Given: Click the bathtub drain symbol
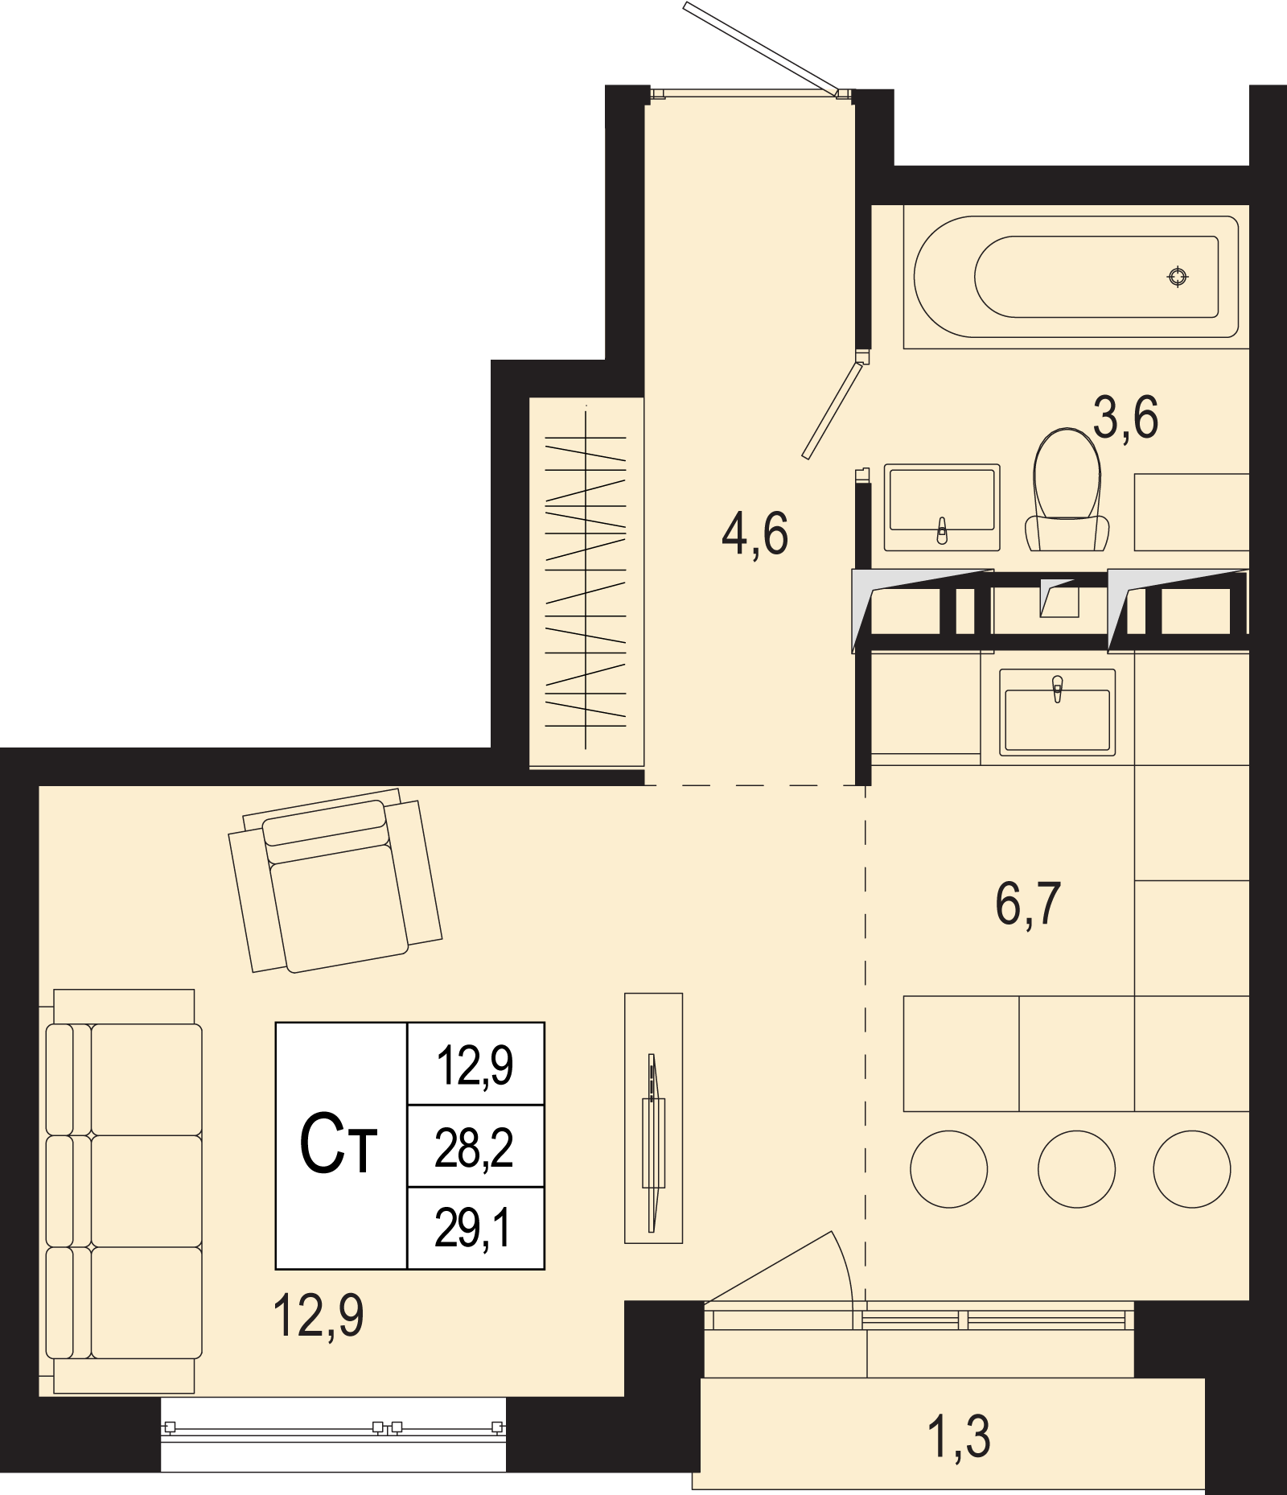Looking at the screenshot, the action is click(x=1178, y=277).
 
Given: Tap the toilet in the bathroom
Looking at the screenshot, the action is click(x=1067, y=490).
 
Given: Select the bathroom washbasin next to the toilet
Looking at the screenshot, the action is click(x=942, y=508).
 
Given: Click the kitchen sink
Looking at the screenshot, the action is click(x=1058, y=712).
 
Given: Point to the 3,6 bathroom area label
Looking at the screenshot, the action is click(x=1126, y=418).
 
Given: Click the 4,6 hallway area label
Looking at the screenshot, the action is click(x=755, y=533).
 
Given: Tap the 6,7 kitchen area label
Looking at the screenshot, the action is click(x=1029, y=904).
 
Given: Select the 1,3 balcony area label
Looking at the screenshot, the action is click(x=960, y=1437).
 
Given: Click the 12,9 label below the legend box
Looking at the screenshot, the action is click(x=319, y=1316).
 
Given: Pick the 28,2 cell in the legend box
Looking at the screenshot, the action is click(x=475, y=1147).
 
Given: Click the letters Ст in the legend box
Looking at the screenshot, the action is click(x=339, y=1145).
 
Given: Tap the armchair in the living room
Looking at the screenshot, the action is click(x=335, y=880).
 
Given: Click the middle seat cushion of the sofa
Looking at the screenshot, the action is click(x=146, y=1191).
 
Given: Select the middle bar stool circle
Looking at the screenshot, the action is click(x=1076, y=1169).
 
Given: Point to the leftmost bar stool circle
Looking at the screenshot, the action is click(x=949, y=1169).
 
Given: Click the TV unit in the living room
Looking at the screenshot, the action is click(x=654, y=1118).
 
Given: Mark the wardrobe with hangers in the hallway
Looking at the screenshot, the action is click(x=586, y=581).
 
